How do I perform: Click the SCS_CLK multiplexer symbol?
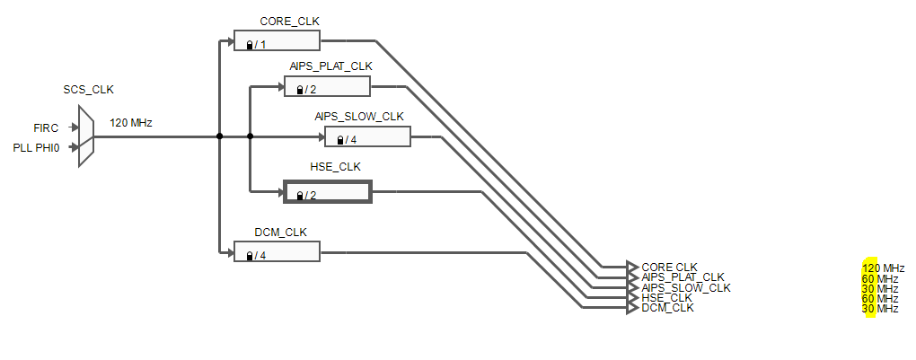[86, 136]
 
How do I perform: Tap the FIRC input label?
[46, 128]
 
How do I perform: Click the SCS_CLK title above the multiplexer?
[88, 90]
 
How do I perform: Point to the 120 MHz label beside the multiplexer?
[130, 122]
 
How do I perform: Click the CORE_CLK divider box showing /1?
[277, 41]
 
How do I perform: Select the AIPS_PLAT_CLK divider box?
[327, 87]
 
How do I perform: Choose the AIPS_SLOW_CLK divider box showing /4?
[367, 137]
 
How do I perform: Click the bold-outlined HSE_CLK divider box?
[327, 193]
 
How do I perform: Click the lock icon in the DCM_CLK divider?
[249, 257]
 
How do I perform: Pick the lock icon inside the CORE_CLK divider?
[249, 45]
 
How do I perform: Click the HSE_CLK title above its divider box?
[329, 167]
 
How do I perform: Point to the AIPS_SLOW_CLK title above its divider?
[359, 116]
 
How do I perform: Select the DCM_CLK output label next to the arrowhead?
[667, 309]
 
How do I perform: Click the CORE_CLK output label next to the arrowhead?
[669, 267]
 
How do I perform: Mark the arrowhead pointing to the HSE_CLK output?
[632, 298]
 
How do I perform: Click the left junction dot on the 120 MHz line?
[219, 136]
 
